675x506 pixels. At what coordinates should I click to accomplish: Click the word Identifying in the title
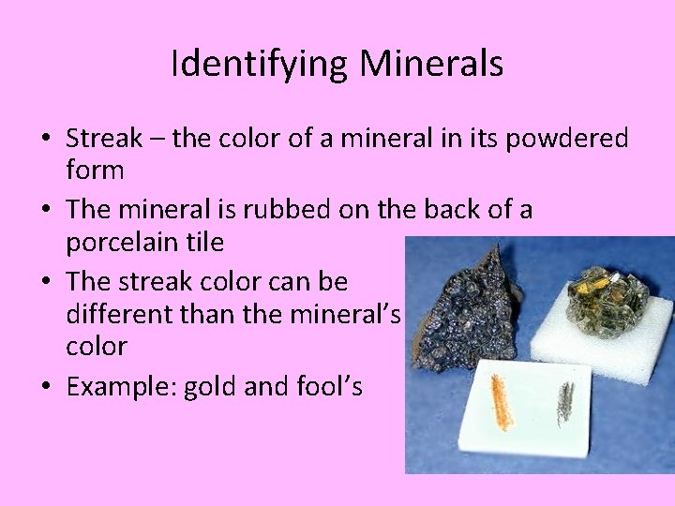(x=260, y=64)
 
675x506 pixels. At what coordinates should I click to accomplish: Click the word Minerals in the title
(x=432, y=64)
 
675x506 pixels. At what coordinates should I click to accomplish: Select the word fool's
(x=329, y=385)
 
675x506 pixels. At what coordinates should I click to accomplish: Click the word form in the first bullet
(x=95, y=171)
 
